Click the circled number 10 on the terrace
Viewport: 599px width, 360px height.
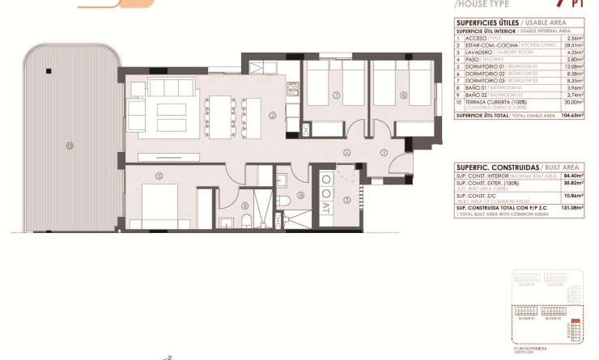pos(70,146)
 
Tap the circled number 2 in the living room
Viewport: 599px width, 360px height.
pos(273,115)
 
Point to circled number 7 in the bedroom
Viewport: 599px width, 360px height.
pos(335,95)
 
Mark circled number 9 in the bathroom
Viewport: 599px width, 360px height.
pos(299,194)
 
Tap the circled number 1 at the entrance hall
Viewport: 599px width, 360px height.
pos(385,152)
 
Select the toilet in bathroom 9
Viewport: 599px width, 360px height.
pos(286,200)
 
